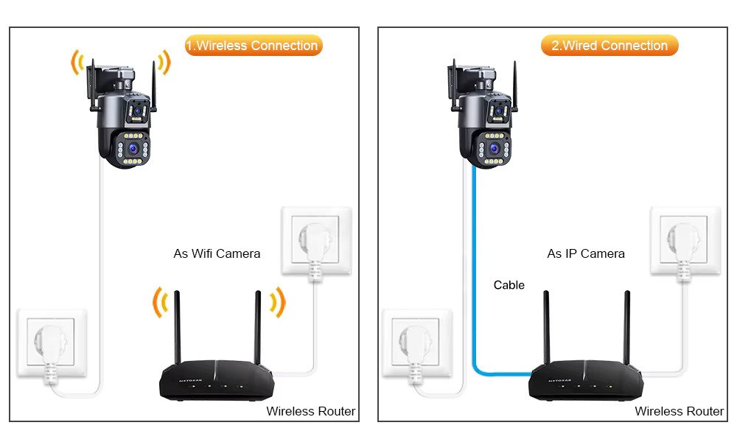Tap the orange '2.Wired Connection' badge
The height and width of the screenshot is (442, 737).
tap(609, 46)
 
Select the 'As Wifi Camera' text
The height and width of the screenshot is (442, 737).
tap(217, 253)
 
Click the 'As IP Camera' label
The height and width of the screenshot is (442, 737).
tap(585, 253)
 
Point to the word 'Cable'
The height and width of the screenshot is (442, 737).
tap(509, 285)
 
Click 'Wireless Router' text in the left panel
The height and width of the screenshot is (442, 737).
tap(310, 411)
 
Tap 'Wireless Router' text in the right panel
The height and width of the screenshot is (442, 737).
tap(679, 411)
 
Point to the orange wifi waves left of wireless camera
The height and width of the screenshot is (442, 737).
tap(77, 63)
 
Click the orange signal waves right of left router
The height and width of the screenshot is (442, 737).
tap(277, 301)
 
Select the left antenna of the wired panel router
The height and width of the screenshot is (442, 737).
tap(546, 327)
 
